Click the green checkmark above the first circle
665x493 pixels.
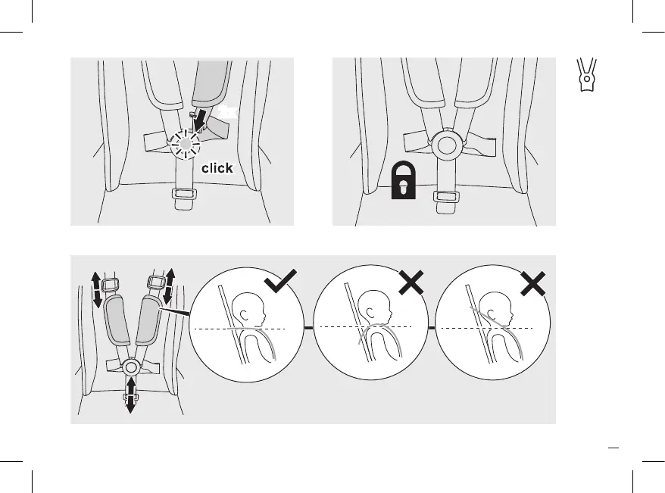pos(281,282)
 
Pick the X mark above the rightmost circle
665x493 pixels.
pos(533,283)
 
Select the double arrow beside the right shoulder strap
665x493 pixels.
pos(167,285)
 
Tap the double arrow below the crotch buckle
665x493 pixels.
pos(130,395)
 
